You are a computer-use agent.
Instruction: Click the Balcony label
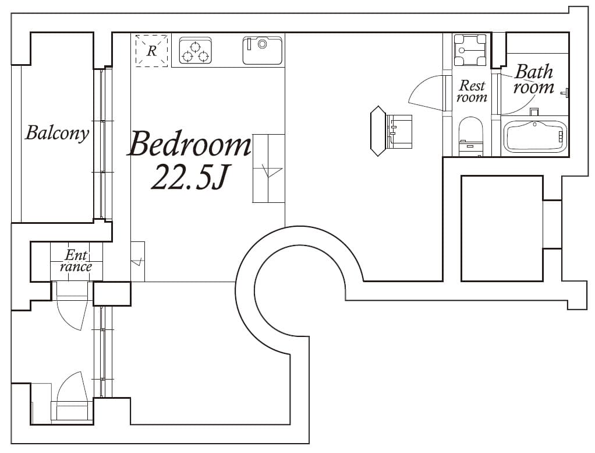click(x=57, y=133)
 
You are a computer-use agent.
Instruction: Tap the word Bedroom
click(x=189, y=144)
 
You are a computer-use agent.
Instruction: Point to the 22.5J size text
click(x=187, y=178)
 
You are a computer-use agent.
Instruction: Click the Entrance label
click(x=76, y=261)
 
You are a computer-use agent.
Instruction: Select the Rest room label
click(x=472, y=92)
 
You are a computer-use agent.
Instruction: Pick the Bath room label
click(x=533, y=80)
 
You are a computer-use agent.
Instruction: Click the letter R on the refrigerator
click(x=151, y=51)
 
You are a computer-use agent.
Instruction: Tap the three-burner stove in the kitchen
click(x=195, y=51)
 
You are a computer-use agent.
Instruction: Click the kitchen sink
click(x=263, y=50)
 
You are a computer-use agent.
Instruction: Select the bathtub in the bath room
click(x=534, y=136)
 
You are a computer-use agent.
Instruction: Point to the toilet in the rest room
click(x=471, y=136)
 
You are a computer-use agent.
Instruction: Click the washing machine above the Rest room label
click(x=470, y=50)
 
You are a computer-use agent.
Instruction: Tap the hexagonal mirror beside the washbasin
click(x=378, y=131)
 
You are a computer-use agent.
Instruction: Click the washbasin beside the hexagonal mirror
click(x=399, y=131)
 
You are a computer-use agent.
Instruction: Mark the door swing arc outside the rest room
click(x=424, y=93)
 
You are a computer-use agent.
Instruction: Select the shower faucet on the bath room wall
click(x=565, y=92)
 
